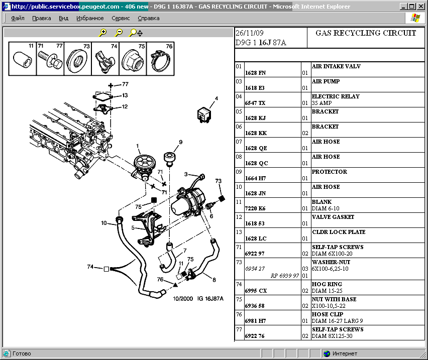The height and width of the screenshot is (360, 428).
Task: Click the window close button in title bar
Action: (x=420, y=7)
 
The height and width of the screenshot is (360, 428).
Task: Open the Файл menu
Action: (x=18, y=18)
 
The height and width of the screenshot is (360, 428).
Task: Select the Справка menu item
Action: (x=148, y=18)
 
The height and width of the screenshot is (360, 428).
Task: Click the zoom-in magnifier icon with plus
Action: (x=103, y=33)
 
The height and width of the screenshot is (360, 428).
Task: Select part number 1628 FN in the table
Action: (x=255, y=73)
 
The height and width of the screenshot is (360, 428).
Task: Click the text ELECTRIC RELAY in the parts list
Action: (x=336, y=96)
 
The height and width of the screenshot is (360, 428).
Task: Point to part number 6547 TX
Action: (x=255, y=103)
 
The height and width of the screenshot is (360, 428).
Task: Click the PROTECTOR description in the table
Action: (x=329, y=172)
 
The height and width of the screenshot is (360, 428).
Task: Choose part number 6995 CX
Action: (x=256, y=291)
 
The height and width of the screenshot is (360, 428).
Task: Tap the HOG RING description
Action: (x=327, y=284)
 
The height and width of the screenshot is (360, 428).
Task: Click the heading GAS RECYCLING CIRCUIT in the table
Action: (x=366, y=33)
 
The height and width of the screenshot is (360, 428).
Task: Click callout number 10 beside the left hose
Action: (x=104, y=223)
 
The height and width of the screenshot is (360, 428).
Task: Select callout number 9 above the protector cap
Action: (x=180, y=142)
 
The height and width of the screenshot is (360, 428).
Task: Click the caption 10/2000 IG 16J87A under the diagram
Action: (x=198, y=299)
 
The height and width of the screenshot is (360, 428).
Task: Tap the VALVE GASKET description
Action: (x=333, y=217)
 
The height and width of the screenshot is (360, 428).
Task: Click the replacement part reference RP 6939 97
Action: (x=284, y=276)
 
